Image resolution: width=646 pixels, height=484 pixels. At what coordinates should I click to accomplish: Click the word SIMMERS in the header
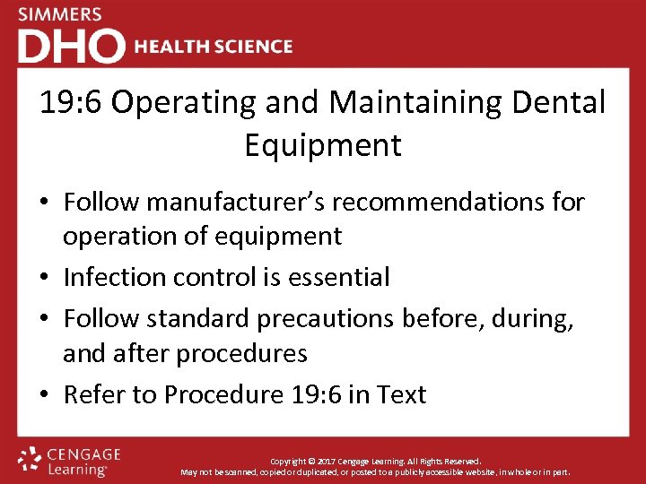[60, 14]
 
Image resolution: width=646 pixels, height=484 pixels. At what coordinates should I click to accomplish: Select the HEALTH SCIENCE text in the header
[213, 47]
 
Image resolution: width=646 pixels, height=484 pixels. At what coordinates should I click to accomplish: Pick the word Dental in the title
[560, 103]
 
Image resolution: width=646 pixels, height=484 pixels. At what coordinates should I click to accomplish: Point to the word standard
[198, 319]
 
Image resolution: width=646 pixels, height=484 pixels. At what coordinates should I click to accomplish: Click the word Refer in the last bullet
[92, 394]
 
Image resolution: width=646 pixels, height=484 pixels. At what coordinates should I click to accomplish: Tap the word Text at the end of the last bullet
[402, 394]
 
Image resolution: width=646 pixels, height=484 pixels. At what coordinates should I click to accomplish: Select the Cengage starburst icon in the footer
[31, 458]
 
